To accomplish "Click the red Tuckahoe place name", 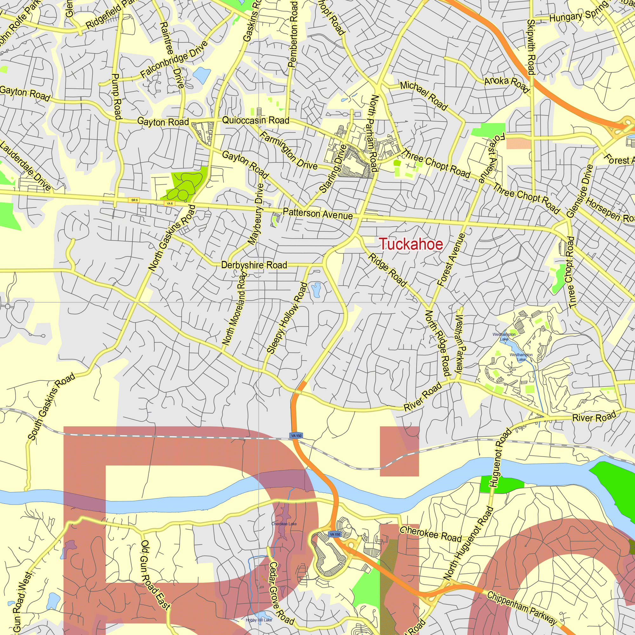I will pos(411,244).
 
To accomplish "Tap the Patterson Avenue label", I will pos(317,214).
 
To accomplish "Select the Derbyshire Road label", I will pos(254,265).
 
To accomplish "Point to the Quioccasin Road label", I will pos(256,120).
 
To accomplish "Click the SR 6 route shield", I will pos(134,200).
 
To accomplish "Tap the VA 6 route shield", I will pos(170,204).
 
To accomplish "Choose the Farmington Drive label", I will pos(289,151).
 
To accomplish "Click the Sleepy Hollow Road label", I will pos(287,318).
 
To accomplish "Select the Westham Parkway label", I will pos(459,344).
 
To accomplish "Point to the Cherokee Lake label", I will pos(284,524).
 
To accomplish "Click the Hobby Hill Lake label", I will pos(259,620).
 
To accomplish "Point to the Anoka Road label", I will pos(506,84).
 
